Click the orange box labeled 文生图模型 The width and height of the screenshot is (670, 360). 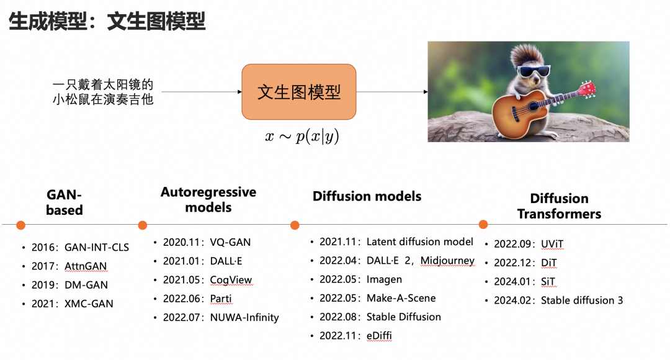pyautogui.click(x=298, y=92)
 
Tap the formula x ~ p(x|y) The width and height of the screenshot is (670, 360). pyautogui.click(x=302, y=137)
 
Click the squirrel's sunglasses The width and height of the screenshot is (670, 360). pyautogui.click(x=533, y=70)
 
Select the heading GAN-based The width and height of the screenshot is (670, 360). pyautogui.click(x=64, y=202)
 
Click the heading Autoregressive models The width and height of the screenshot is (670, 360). pyautogui.click(x=208, y=199)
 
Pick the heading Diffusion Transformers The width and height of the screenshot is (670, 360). pyautogui.click(x=559, y=206)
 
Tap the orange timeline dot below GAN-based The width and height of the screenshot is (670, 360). pyautogui.click(x=20, y=225)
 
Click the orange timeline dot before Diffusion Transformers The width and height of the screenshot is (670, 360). pyautogui.click(x=483, y=224)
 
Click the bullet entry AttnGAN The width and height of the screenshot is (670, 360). pyautogui.click(x=86, y=266)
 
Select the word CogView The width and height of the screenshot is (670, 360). pyautogui.click(x=231, y=280)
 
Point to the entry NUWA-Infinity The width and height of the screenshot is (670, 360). pyautogui.click(x=244, y=318)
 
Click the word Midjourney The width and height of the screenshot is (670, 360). pyautogui.click(x=447, y=261)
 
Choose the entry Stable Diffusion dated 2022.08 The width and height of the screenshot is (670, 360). pyautogui.click(x=403, y=317)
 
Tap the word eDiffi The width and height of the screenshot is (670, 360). pyautogui.click(x=379, y=336)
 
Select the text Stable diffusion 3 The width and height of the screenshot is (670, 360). pyautogui.click(x=582, y=300)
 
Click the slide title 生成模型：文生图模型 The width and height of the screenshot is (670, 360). pyautogui.click(x=106, y=22)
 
